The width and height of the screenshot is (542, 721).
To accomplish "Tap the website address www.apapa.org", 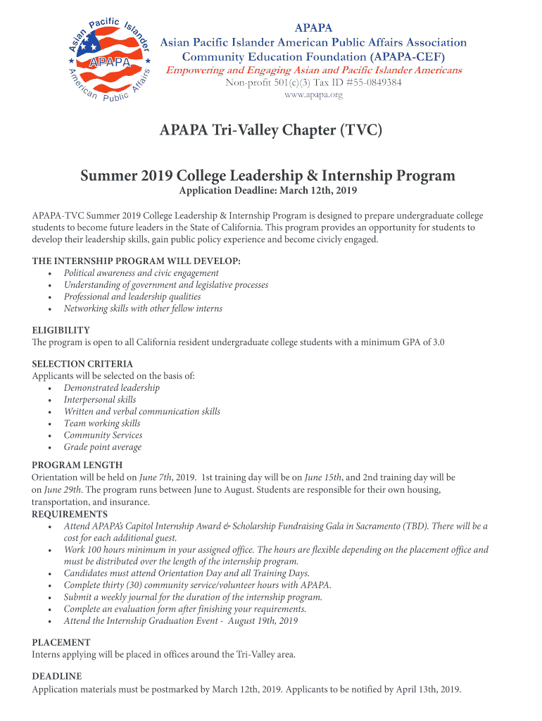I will (313, 95).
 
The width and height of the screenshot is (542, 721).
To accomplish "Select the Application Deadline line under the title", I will (268, 191).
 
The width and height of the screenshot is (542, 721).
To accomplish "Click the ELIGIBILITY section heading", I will (61, 330).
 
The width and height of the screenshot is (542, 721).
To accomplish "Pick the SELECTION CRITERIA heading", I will (82, 364).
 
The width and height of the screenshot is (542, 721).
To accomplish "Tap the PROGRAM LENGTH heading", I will (77, 465).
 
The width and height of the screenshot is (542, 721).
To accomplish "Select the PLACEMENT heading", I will (61, 642).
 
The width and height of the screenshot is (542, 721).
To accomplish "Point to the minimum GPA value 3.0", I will (438, 342).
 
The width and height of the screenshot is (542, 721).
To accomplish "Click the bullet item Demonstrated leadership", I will (112, 388).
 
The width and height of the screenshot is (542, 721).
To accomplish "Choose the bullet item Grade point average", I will (103, 447).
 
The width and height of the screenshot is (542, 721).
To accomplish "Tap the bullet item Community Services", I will (103, 435).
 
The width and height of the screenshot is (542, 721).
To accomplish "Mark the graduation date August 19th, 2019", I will (263, 621).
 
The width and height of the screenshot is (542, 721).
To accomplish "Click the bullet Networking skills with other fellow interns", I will (143, 308).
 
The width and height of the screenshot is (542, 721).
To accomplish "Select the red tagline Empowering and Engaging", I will (313, 70).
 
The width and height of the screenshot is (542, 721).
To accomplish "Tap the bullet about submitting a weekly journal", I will (193, 597).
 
